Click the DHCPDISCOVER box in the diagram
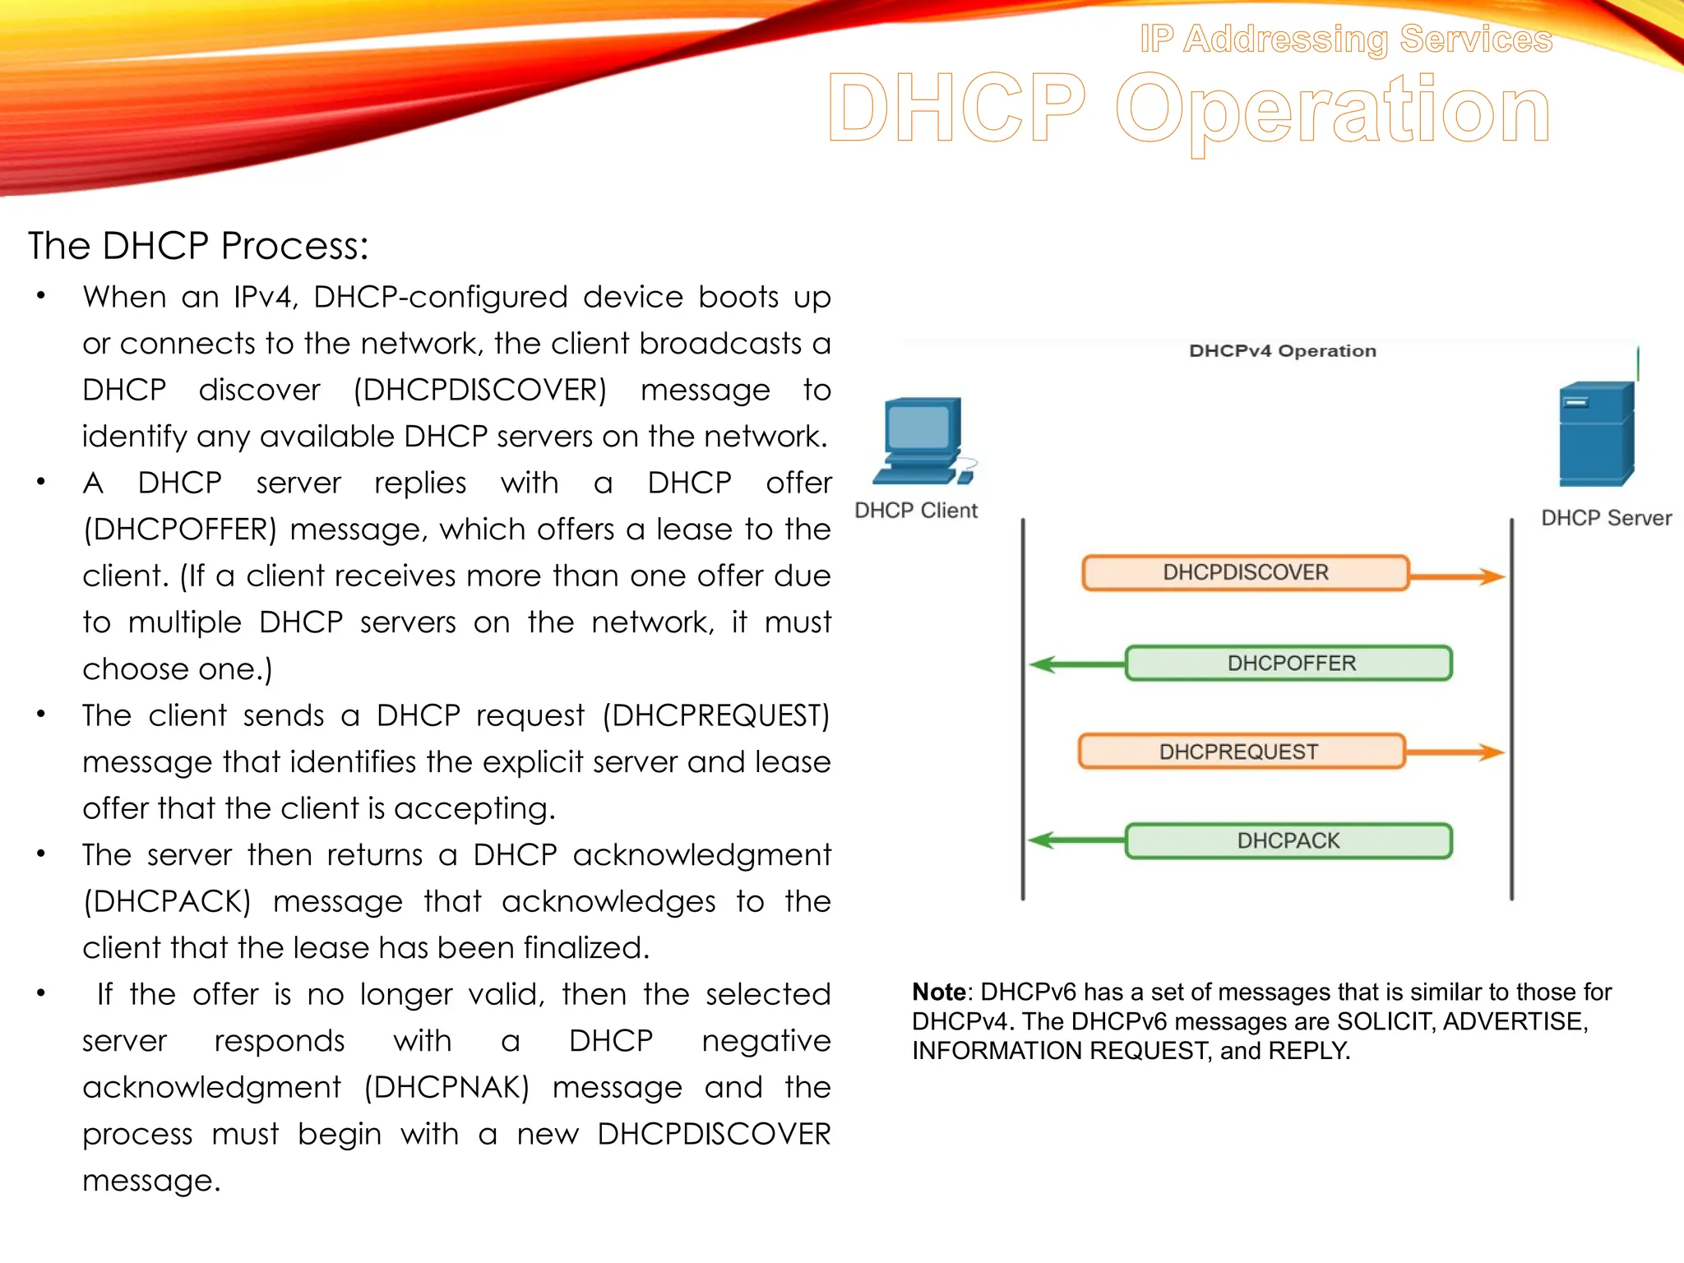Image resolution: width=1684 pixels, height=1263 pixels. click(x=1245, y=572)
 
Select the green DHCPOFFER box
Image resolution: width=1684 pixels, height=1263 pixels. click(x=1288, y=663)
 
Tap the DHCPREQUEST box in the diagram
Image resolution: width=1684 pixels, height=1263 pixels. click(x=1241, y=752)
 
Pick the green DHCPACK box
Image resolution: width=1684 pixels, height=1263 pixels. click(x=1288, y=840)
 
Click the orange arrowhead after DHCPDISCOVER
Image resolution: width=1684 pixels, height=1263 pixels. click(x=1491, y=576)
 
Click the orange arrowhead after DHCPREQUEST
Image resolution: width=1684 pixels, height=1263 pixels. click(x=1491, y=752)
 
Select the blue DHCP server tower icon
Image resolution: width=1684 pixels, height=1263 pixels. click(x=1596, y=434)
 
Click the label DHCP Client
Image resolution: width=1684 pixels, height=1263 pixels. click(x=916, y=511)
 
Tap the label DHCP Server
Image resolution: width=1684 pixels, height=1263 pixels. click(x=1606, y=518)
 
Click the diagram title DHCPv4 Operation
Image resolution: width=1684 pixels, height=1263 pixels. click(x=1282, y=351)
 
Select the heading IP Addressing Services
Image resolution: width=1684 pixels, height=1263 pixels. click(x=1345, y=39)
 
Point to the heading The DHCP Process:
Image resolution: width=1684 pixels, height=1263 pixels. click(x=198, y=246)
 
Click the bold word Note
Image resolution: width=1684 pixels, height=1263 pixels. click(x=938, y=992)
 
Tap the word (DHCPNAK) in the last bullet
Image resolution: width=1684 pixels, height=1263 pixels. click(x=446, y=1087)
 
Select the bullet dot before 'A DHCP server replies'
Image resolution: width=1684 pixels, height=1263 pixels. click(x=40, y=482)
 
